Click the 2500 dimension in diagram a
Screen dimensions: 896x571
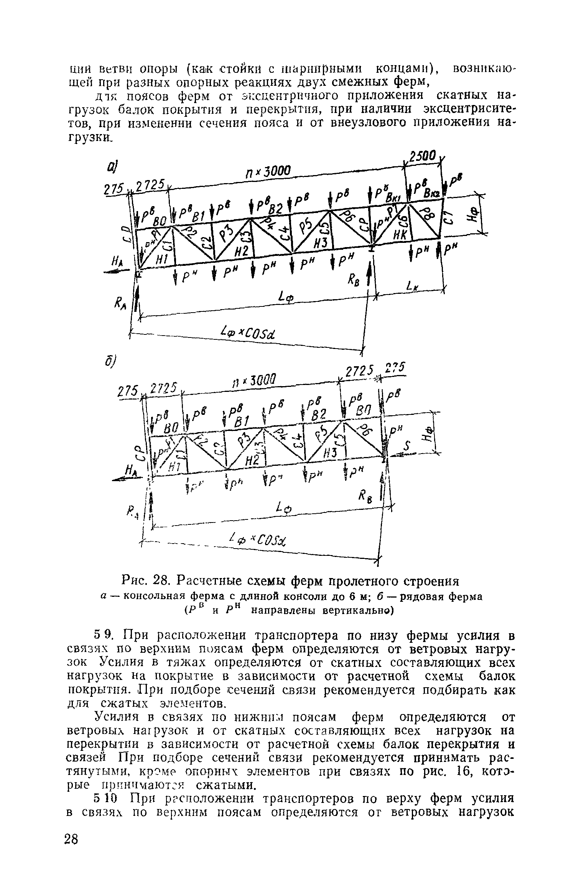point(422,157)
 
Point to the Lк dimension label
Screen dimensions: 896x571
point(412,285)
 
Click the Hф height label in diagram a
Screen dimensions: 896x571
point(472,215)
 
